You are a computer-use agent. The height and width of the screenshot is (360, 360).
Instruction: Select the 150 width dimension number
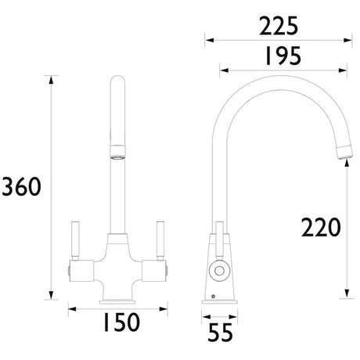pyautogui.click(x=117, y=321)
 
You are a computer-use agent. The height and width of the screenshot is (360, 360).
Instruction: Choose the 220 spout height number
pyautogui.click(x=321, y=227)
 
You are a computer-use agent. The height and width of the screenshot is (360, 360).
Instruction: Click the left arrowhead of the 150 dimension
pyautogui.click(x=71, y=308)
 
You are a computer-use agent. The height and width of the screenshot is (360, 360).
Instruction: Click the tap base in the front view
pyautogui.click(x=117, y=298)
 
